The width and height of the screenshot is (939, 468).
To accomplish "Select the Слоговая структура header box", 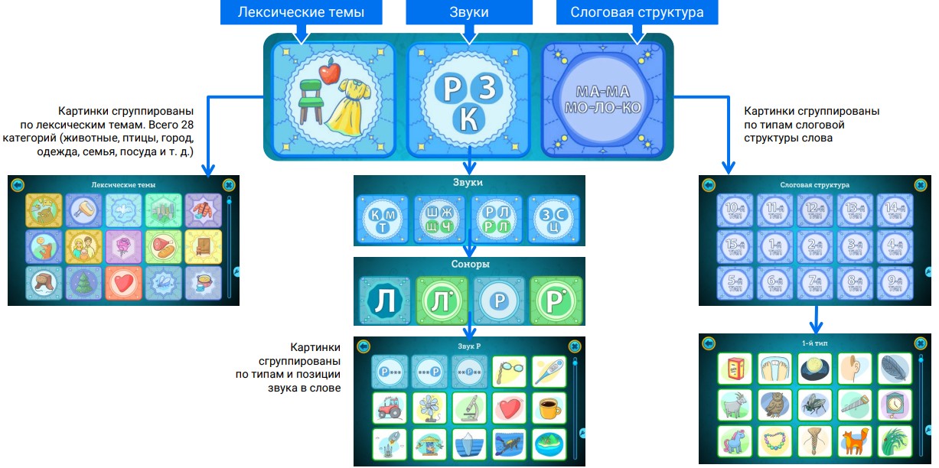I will [x=637, y=12].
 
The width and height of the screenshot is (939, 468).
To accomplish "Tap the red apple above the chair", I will [x=330, y=73].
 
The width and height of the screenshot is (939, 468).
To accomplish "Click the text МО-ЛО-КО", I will [x=602, y=107].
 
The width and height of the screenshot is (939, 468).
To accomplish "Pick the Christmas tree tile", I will [x=83, y=283].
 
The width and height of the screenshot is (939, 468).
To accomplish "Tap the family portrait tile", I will [x=83, y=246].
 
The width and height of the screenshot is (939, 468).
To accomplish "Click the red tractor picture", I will [x=390, y=408].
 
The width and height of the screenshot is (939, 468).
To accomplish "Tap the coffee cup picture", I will [x=549, y=408].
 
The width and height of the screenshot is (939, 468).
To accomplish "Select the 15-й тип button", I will [x=734, y=247].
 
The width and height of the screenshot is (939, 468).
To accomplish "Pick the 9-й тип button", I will [x=895, y=284].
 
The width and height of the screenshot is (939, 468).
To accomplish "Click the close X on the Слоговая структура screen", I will [x=921, y=184].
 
